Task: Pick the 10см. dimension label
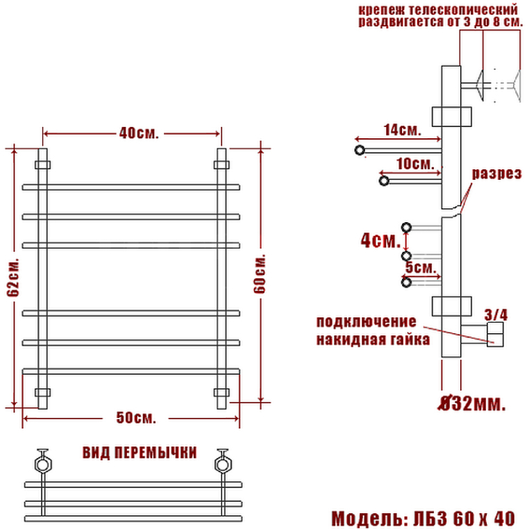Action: click(416, 165)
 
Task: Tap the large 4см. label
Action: click(380, 240)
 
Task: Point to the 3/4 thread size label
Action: click(496, 314)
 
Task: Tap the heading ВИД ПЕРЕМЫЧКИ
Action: click(139, 453)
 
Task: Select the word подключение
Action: click(366, 323)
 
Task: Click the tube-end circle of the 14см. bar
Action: click(359, 150)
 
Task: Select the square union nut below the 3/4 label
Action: click(496, 334)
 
